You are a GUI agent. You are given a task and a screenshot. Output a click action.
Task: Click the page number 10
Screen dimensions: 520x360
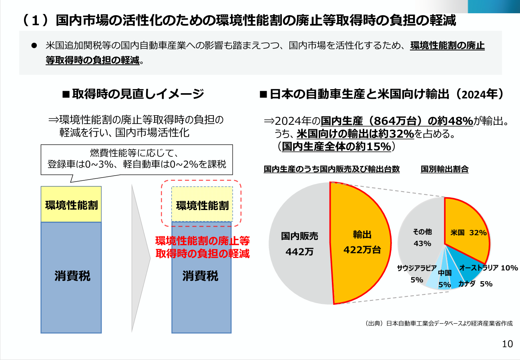(x=507, y=344)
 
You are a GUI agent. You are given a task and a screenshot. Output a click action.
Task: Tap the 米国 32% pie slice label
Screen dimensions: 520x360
(x=468, y=232)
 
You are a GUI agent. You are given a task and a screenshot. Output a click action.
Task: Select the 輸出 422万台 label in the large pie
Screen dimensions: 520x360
(x=362, y=242)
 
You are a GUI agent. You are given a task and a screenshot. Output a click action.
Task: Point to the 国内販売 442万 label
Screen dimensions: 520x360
(x=299, y=244)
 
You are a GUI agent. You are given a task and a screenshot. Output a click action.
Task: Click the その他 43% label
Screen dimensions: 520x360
(x=422, y=238)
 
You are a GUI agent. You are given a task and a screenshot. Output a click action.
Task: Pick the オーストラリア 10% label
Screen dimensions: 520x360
(x=489, y=268)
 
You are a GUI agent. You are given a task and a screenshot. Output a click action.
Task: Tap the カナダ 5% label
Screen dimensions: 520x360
(x=476, y=284)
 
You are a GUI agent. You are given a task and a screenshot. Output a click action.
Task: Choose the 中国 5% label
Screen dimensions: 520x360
(x=445, y=279)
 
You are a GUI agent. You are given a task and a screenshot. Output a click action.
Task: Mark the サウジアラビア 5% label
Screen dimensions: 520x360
(x=417, y=274)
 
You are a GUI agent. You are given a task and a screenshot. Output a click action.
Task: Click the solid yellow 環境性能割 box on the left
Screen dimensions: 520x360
(x=71, y=204)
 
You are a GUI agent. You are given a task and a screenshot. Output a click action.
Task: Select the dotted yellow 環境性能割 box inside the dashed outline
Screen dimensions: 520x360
(x=202, y=204)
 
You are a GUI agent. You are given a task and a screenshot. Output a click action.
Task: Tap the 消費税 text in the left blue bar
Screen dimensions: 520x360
(x=72, y=276)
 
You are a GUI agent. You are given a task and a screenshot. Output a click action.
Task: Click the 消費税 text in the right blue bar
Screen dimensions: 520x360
(x=200, y=276)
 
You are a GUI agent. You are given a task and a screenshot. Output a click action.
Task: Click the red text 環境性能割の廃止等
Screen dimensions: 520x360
(x=203, y=241)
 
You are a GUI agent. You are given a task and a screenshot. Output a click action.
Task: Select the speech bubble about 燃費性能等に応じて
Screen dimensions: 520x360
(x=137, y=160)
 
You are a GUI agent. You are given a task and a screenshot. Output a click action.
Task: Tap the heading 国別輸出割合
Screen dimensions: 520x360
(x=445, y=169)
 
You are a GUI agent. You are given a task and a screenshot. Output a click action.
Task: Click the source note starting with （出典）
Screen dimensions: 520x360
(x=438, y=323)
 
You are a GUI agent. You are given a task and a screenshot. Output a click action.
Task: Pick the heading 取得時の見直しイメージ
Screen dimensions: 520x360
(x=133, y=94)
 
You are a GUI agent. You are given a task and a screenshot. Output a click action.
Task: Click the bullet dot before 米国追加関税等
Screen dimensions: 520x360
(x=34, y=46)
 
